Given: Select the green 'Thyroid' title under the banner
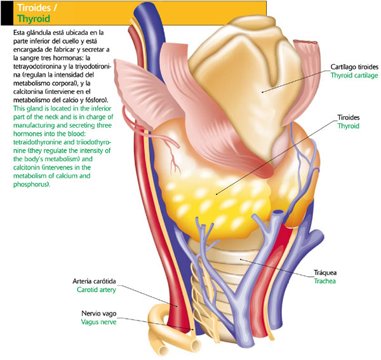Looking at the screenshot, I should pos(27,19).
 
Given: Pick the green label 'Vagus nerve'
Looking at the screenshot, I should pos(100,322).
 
